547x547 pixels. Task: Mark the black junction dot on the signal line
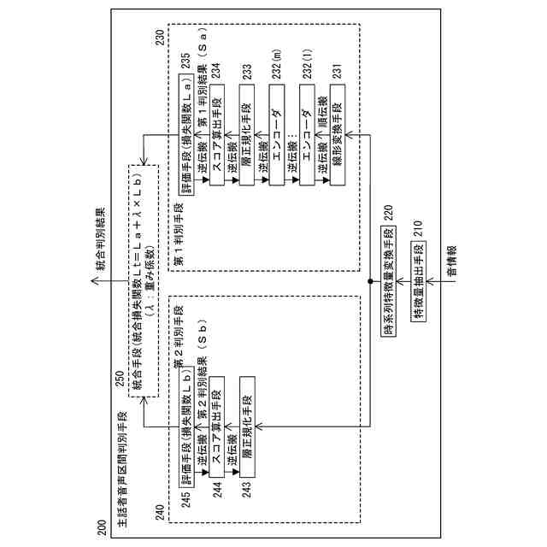click(x=369, y=280)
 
